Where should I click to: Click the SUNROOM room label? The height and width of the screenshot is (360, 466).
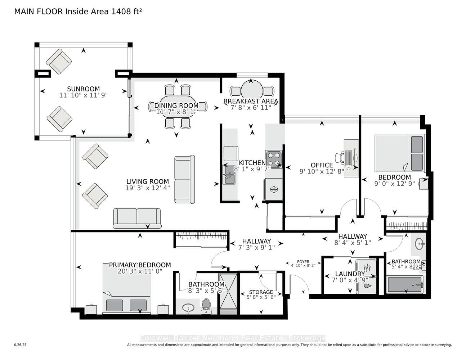click(x=83, y=89)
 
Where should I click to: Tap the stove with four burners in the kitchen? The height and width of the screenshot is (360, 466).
click(x=274, y=159)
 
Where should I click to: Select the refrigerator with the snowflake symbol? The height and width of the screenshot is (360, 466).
click(x=273, y=189)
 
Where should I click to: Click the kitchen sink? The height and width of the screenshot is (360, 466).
click(x=229, y=174)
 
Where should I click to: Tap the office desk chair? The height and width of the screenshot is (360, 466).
click(x=339, y=158)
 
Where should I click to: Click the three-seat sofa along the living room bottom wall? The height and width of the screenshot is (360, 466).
click(x=137, y=218)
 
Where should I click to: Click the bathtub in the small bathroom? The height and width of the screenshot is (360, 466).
click(x=405, y=285)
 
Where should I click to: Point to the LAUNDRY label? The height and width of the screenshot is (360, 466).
click(x=350, y=274)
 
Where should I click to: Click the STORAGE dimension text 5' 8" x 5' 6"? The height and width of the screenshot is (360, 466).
click(x=261, y=298)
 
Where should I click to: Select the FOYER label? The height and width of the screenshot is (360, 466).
click(x=303, y=262)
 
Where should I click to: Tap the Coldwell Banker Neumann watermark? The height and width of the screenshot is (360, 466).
click(x=233, y=338)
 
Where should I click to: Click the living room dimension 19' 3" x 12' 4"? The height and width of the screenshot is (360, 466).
click(x=148, y=188)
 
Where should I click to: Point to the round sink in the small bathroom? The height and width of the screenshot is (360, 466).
click(x=419, y=244)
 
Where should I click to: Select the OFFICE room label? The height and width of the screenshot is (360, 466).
click(x=322, y=165)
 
